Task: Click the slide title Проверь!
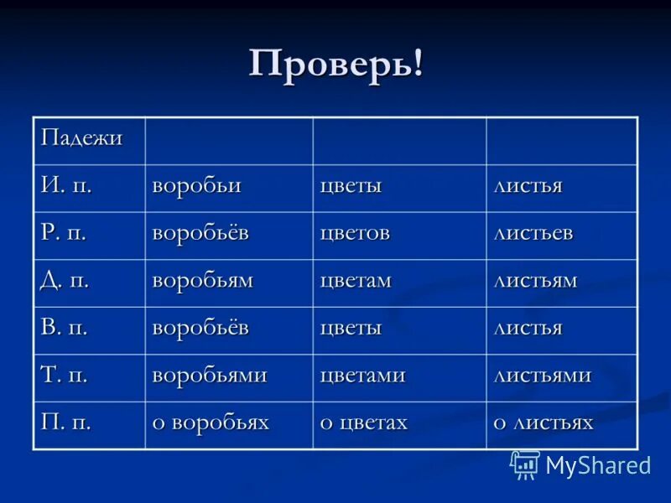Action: [335, 64]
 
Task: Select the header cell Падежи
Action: [81, 137]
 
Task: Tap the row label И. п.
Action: [66, 185]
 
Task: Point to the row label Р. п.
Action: [65, 232]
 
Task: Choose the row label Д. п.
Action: [66, 280]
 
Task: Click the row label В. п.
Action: [65, 328]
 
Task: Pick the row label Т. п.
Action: [65, 375]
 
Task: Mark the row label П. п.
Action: [66, 423]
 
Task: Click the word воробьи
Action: [196, 185]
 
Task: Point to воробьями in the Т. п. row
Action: [209, 375]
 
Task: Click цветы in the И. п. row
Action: [351, 185]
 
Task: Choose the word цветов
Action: [355, 232]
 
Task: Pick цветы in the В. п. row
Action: [351, 328]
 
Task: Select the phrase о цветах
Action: [363, 423]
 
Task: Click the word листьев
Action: [533, 232]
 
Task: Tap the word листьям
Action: [534, 280]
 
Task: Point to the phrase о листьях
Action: [543, 423]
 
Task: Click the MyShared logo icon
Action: [525, 464]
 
